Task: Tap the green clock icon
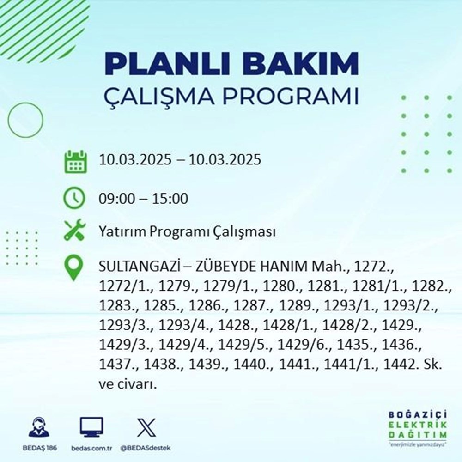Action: (74, 199)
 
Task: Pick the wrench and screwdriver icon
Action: (74, 231)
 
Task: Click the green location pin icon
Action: (74, 268)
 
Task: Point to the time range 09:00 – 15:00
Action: (143, 199)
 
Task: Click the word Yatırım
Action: (120, 231)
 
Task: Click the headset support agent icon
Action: (39, 428)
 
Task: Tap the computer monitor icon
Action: (91, 427)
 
